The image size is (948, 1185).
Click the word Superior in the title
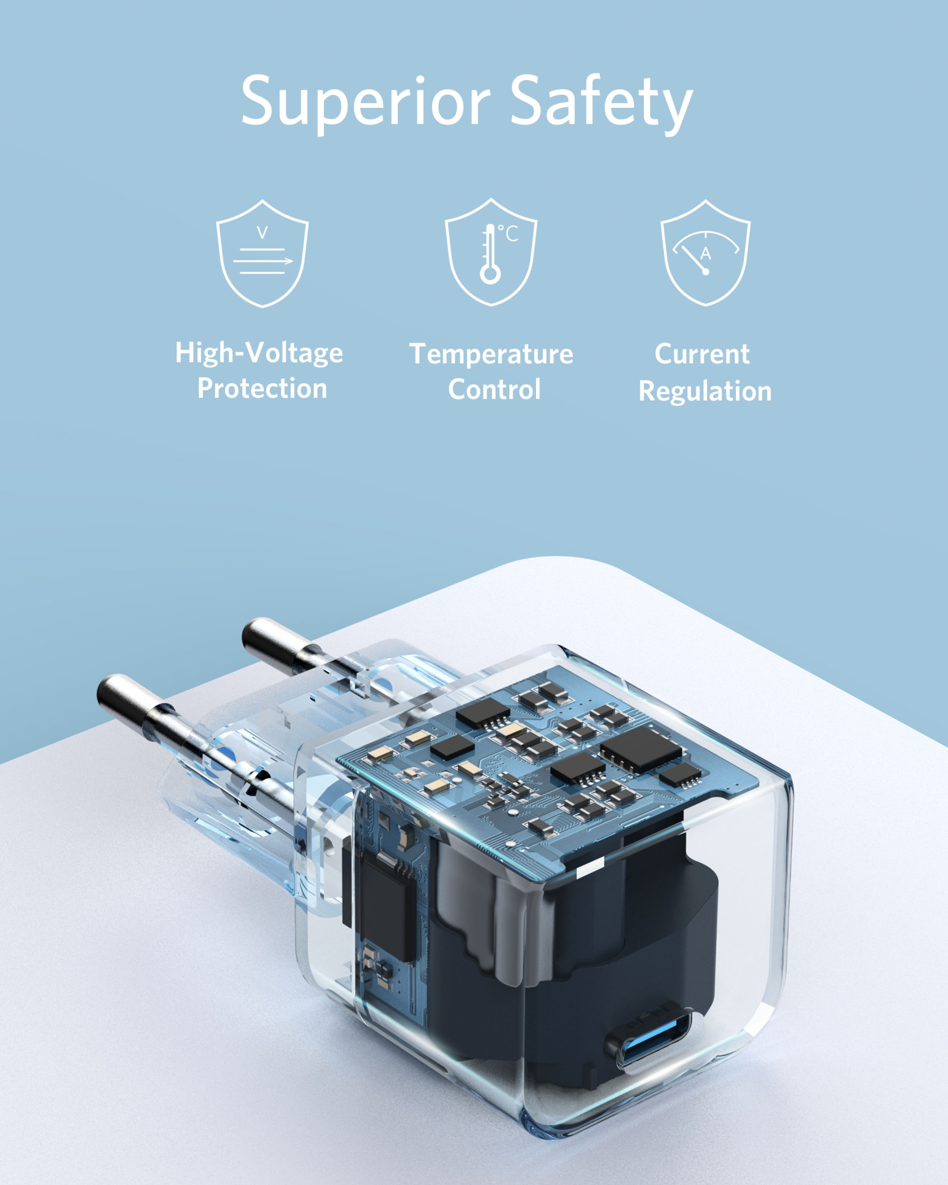coord(365,102)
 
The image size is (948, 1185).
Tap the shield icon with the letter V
coord(262,253)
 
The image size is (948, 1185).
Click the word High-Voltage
coord(259,353)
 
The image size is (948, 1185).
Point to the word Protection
coord(262,389)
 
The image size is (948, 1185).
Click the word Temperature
coord(491,354)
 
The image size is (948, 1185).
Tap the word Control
coord(494,389)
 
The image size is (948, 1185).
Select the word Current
coord(702,354)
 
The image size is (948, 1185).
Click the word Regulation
coord(705,391)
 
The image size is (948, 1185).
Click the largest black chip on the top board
coord(640,749)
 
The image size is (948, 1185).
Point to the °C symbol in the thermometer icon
coord(508,234)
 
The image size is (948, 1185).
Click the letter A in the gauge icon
coord(705,253)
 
